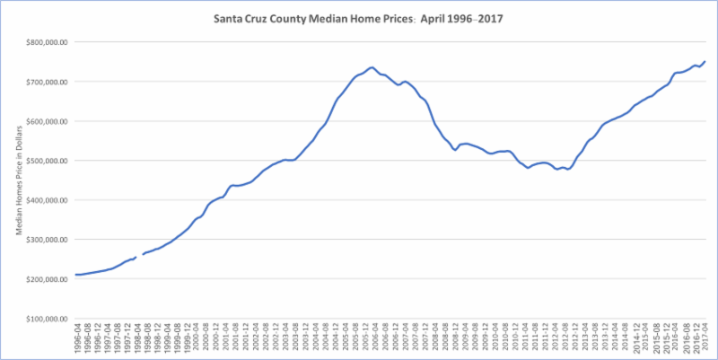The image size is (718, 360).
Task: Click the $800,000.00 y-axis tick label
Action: (x=44, y=42)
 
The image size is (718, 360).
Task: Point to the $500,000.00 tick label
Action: (x=44, y=161)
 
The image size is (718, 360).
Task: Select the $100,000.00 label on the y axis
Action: (x=44, y=319)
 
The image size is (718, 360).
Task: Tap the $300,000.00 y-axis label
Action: (x=44, y=240)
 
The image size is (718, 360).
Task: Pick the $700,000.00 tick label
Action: (x=44, y=82)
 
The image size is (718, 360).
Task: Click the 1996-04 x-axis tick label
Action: (x=77, y=339)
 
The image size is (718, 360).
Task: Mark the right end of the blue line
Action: (x=705, y=61)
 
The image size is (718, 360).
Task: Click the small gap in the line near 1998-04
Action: (x=138, y=257)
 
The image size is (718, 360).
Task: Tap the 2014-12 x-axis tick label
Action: (x=635, y=339)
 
